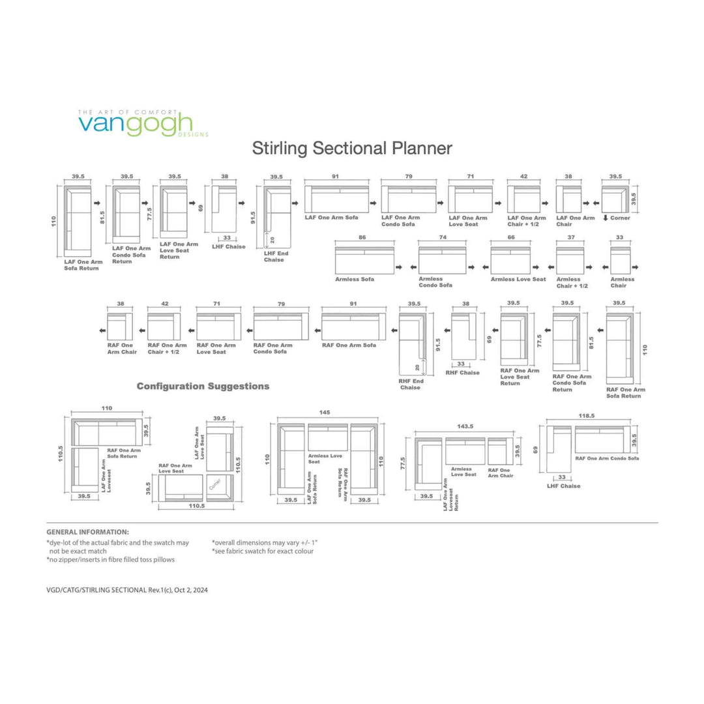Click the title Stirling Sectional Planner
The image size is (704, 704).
pyautogui.click(x=352, y=149)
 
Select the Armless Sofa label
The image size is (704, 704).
pyautogui.click(x=355, y=280)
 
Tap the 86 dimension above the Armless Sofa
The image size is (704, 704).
pyautogui.click(x=362, y=239)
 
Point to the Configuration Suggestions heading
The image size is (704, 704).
pyautogui.click(x=203, y=387)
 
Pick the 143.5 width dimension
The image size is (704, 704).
pyautogui.click(x=465, y=426)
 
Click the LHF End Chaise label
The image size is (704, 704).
pyautogui.click(x=274, y=256)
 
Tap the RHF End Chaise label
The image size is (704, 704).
pyautogui.click(x=410, y=384)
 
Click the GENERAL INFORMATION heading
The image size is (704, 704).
pyautogui.click(x=87, y=532)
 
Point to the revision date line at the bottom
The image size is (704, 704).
pyautogui.click(x=127, y=590)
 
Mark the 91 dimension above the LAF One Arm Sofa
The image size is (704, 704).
pyautogui.click(x=335, y=177)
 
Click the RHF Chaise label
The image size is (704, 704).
pyautogui.click(x=462, y=373)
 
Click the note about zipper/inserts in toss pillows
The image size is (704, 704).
pyautogui.click(x=110, y=559)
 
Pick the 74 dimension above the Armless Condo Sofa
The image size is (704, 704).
pyautogui.click(x=443, y=239)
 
